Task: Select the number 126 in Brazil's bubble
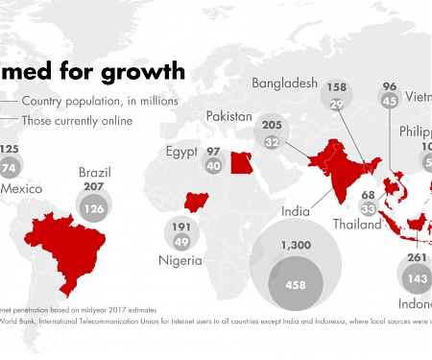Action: pos(92,208)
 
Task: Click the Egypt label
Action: pos(180,152)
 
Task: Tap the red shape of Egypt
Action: pos(242,161)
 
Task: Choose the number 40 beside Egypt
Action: pos(213,166)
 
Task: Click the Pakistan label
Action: pos(229,115)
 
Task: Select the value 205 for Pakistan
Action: pos(272,125)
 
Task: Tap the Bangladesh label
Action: pos(284,84)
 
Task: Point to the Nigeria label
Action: pos(180,260)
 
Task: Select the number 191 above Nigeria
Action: pos(180,227)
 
